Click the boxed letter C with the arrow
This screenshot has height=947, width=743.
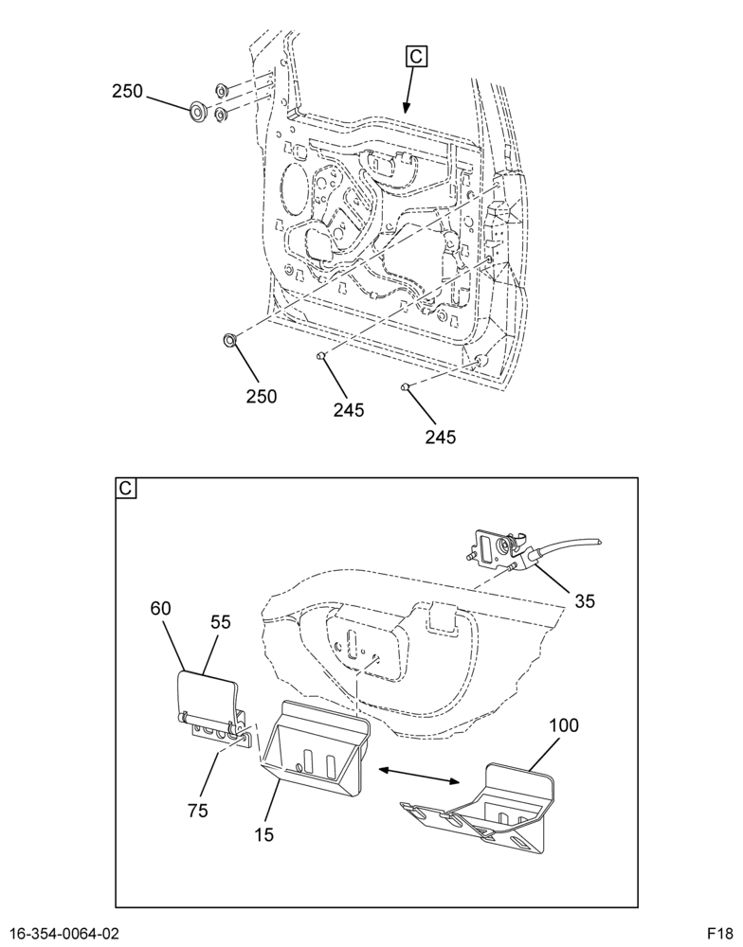click(417, 56)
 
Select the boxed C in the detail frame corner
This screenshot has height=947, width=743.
click(126, 488)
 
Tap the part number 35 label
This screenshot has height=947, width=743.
click(585, 601)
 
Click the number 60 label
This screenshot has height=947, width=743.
click(161, 608)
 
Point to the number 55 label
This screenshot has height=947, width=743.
click(221, 621)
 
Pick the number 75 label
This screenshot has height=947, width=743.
click(198, 810)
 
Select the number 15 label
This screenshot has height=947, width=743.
click(263, 834)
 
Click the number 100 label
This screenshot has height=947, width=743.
click(563, 724)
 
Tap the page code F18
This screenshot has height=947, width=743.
click(720, 935)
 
